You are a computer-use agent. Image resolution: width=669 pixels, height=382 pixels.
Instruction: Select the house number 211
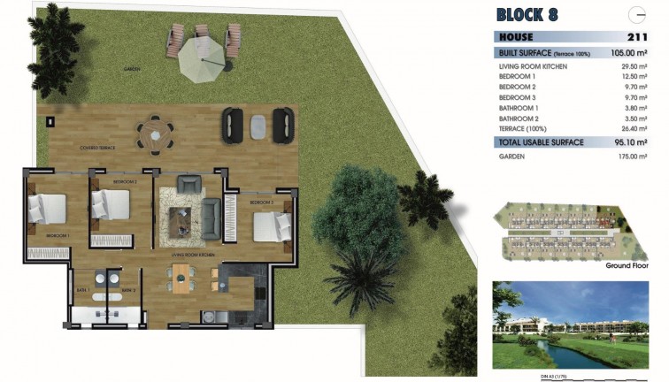(635, 38)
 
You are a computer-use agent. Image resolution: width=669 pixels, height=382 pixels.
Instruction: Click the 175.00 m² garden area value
(630, 157)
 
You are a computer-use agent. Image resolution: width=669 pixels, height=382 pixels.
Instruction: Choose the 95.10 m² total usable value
(631, 141)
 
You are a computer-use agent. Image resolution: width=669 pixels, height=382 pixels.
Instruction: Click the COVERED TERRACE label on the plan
(98, 148)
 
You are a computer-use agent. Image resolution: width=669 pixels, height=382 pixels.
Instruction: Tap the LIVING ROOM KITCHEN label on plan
(193, 254)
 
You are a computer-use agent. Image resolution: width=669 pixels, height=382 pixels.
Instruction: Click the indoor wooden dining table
(181, 279)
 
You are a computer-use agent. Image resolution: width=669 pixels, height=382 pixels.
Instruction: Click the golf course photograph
(575, 325)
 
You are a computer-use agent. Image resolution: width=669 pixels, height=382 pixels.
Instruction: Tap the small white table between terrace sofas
(258, 126)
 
